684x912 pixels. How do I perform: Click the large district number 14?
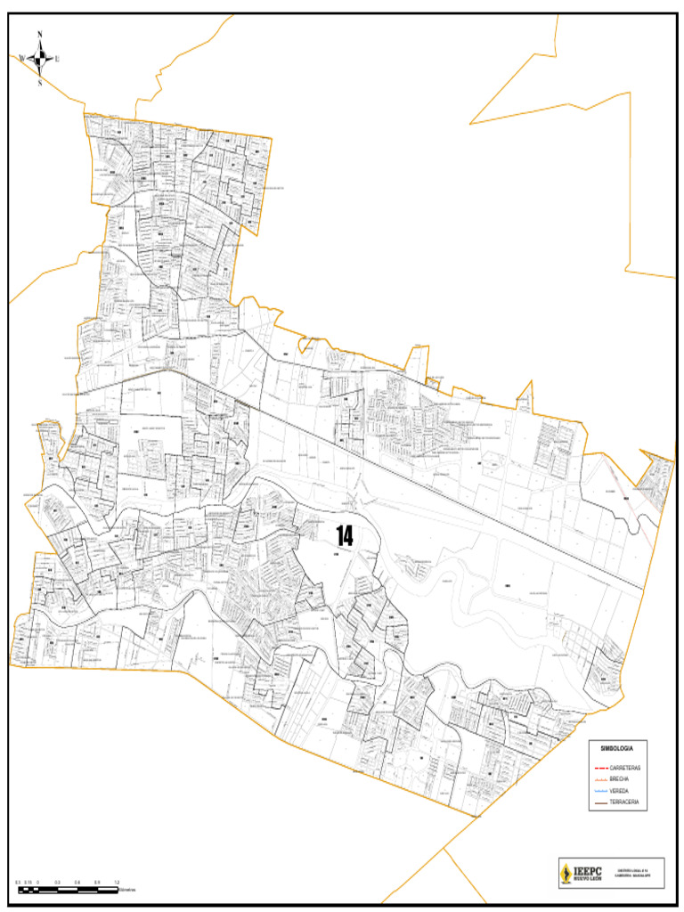[x=344, y=536]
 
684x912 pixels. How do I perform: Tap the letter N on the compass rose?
[x=40, y=36]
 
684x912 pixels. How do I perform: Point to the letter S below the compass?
[x=40, y=83]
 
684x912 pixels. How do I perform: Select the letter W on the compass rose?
[x=21, y=59]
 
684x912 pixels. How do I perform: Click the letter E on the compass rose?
[x=58, y=59]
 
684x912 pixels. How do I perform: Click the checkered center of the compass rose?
[x=40, y=59]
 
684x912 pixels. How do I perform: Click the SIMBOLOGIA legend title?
[x=616, y=749]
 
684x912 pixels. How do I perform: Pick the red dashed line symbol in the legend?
[x=600, y=768]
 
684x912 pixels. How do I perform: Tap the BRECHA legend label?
[x=620, y=779]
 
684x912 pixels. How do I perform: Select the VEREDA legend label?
[x=620, y=791]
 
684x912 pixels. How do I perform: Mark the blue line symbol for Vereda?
[x=600, y=792]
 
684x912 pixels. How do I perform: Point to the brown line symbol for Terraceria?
[x=600, y=803]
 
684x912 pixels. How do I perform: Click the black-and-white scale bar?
[x=67, y=889]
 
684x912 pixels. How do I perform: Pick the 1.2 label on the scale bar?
[x=117, y=882]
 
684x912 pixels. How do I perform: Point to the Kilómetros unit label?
[x=134, y=890]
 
